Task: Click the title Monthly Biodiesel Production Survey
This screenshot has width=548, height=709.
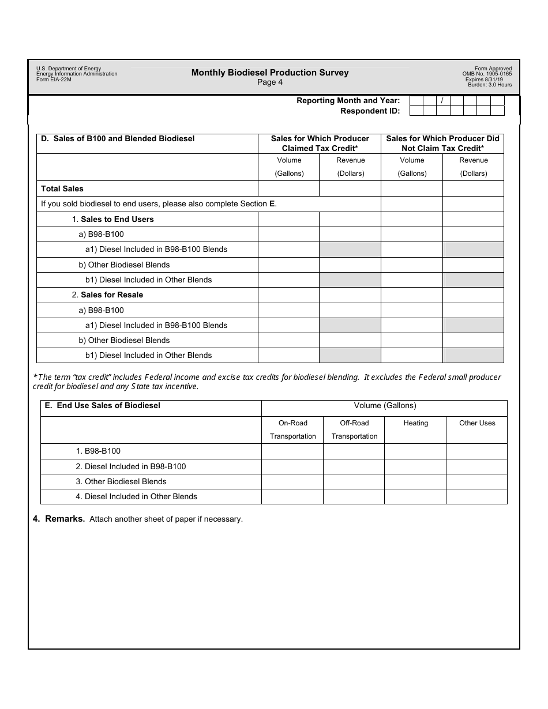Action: coord(270,73)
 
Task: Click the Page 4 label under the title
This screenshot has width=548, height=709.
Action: coord(270,82)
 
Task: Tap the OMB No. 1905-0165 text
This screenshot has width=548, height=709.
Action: coord(487,74)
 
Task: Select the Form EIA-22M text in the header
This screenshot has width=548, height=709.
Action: coord(54,80)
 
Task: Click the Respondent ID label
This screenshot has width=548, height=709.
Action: coord(370,111)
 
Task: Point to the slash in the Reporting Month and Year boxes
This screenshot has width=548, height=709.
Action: coord(442,100)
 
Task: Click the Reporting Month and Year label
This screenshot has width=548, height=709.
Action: coord(348,100)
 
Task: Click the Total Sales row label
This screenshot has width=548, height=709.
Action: coord(62,188)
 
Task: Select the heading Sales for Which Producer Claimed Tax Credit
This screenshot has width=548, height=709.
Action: coord(320,144)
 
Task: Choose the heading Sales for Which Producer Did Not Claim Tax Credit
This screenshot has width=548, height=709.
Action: coord(442,144)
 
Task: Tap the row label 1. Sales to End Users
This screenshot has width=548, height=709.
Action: coord(113,219)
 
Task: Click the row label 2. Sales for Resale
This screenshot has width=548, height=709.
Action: coord(107,295)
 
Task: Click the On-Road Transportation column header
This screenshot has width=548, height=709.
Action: coord(292,429)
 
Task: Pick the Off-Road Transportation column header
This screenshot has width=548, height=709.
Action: coord(354,429)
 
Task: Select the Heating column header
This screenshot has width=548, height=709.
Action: coord(415,423)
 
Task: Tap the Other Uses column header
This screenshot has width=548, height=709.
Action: coord(477,423)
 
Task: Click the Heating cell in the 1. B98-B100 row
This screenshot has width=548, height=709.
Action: coord(415,451)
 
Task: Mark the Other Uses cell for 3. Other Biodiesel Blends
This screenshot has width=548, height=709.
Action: coord(477,481)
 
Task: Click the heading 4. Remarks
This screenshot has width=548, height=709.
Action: coord(59,519)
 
